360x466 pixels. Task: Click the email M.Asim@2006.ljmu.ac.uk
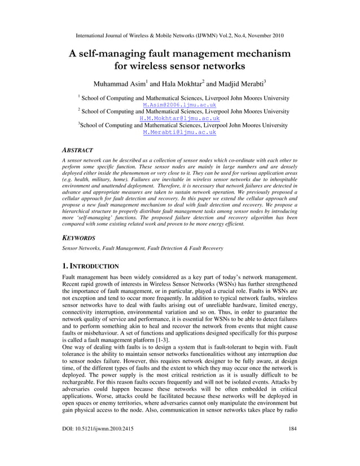(179, 105)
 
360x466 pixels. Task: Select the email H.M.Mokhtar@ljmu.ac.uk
(179, 119)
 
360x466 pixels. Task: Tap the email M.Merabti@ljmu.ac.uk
(179, 133)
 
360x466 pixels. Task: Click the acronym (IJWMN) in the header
(206, 35)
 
